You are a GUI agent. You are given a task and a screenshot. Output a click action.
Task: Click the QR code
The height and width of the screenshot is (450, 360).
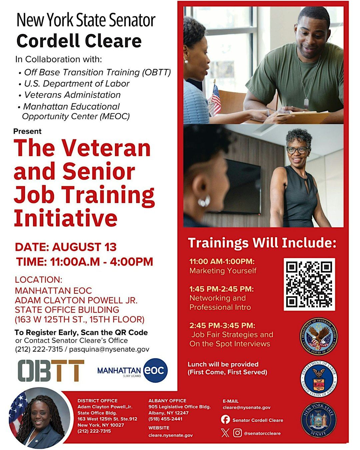click(309, 284)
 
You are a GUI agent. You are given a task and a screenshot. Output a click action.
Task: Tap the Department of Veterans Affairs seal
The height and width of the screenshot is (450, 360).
click(318, 336)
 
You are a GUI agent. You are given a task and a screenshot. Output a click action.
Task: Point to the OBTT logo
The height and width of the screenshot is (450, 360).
click(51, 371)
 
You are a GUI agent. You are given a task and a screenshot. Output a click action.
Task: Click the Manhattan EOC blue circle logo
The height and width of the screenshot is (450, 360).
click(155, 371)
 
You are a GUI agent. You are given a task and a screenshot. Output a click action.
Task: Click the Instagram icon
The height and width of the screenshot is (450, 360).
click(237, 433)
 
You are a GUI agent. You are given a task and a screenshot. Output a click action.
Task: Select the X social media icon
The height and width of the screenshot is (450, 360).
click(225, 433)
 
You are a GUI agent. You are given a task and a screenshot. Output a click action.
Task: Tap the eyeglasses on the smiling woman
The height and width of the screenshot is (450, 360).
click(297, 150)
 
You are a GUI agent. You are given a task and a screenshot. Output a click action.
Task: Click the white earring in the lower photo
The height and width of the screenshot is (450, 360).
click(204, 201)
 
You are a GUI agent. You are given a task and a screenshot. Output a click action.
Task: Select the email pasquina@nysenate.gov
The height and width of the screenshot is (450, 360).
click(109, 349)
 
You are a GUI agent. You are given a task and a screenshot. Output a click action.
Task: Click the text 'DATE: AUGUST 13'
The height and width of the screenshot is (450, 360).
click(66, 247)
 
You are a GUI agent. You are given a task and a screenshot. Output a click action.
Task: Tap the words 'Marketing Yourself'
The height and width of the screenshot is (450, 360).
click(223, 271)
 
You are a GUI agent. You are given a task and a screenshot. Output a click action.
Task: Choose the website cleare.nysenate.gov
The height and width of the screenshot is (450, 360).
click(170, 435)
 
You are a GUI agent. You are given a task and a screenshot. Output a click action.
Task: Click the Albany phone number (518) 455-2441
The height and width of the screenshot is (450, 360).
click(165, 419)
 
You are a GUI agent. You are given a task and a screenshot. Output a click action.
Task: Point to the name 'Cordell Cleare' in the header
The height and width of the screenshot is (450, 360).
click(79, 41)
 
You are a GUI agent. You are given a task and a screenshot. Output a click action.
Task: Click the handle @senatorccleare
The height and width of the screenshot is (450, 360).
click(262, 433)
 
